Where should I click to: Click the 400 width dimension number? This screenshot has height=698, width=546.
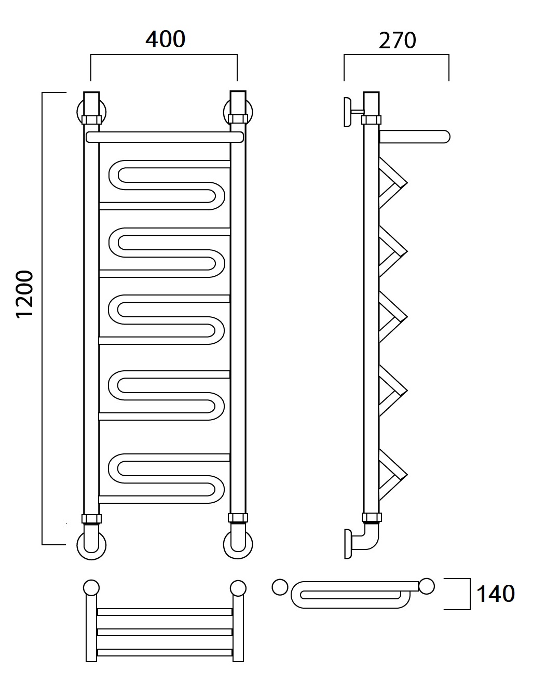166,39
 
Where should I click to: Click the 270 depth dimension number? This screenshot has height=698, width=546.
398,41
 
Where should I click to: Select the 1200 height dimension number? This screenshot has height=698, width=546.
25,294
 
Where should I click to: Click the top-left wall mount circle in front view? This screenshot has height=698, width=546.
78,112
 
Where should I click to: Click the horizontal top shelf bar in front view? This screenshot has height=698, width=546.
165,137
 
